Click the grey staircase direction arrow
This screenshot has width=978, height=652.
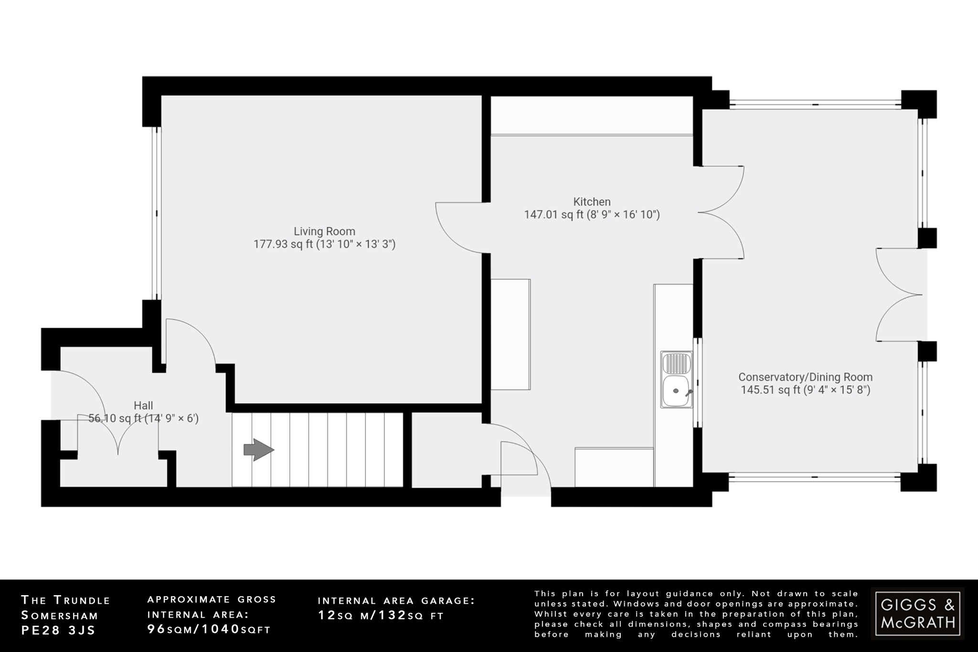point(258,450)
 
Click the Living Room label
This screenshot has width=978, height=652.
point(324,232)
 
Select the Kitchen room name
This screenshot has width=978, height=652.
point(592,202)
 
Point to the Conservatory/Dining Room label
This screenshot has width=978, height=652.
point(805,377)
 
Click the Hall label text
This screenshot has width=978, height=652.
point(143,406)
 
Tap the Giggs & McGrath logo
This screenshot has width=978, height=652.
point(917,614)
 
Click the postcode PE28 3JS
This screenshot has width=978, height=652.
point(58,630)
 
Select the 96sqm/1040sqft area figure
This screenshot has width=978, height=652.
point(209,629)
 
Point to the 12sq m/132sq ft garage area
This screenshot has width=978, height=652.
point(381,615)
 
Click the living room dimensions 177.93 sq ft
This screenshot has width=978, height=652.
point(324,245)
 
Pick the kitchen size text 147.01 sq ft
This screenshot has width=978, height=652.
point(592,215)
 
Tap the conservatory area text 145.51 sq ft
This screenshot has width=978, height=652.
point(805,390)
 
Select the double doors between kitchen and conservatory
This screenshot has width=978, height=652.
point(721,213)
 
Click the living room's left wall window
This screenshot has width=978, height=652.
point(156,213)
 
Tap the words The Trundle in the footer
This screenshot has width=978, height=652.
point(65,600)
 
